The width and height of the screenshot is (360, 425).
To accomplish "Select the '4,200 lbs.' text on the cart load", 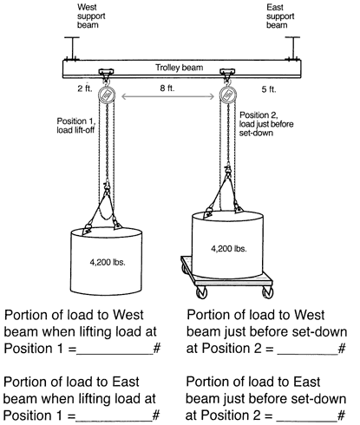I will tap(229, 248).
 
